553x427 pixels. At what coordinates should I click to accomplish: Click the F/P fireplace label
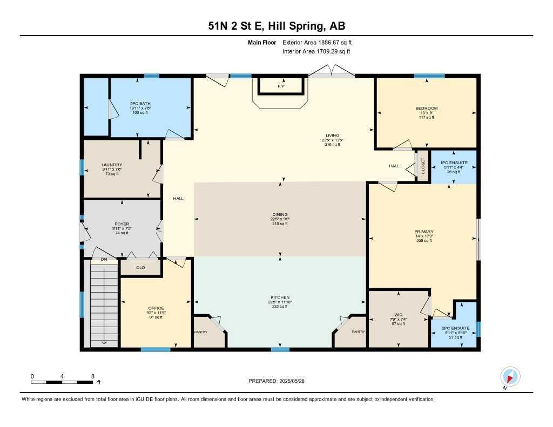(x=281, y=86)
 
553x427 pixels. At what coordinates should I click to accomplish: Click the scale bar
(x=62, y=382)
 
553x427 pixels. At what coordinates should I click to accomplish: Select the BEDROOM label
(x=426, y=108)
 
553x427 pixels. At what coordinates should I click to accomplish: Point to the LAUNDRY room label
(x=112, y=165)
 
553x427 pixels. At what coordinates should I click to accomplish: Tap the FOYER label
(x=122, y=223)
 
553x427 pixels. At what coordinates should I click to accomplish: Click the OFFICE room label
(x=156, y=308)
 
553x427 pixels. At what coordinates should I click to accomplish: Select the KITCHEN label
(x=280, y=297)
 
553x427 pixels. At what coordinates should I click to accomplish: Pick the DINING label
(x=280, y=214)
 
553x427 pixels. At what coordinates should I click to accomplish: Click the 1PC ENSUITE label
(x=454, y=162)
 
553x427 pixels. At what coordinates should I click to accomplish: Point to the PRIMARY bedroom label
(x=424, y=231)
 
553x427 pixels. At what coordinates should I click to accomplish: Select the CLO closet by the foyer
(x=140, y=267)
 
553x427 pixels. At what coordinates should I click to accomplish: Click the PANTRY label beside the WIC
(x=358, y=332)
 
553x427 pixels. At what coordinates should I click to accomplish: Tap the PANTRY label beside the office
(x=201, y=332)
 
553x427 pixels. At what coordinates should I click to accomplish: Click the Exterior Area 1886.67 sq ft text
(x=317, y=42)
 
